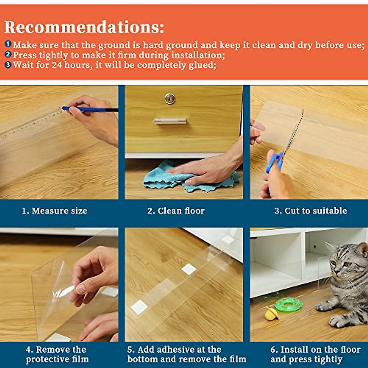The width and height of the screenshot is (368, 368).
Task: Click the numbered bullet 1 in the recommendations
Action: tap(8, 44)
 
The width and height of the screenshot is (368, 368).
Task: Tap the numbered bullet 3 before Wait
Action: tap(8, 65)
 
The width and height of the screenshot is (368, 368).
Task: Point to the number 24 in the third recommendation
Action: tap(57, 65)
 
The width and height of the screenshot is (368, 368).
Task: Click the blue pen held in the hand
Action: tap(89, 109)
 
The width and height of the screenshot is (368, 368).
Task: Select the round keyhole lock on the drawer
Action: tap(170, 99)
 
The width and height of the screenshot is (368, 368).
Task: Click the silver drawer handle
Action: tap(170, 121)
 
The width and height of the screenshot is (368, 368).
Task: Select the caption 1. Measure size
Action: tap(55, 211)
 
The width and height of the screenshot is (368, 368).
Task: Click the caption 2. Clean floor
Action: tap(176, 211)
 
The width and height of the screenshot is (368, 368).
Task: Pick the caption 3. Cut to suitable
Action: tap(310, 211)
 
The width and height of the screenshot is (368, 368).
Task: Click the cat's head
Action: tap(348, 261)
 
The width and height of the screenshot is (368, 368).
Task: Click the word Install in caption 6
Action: tap(294, 350)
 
